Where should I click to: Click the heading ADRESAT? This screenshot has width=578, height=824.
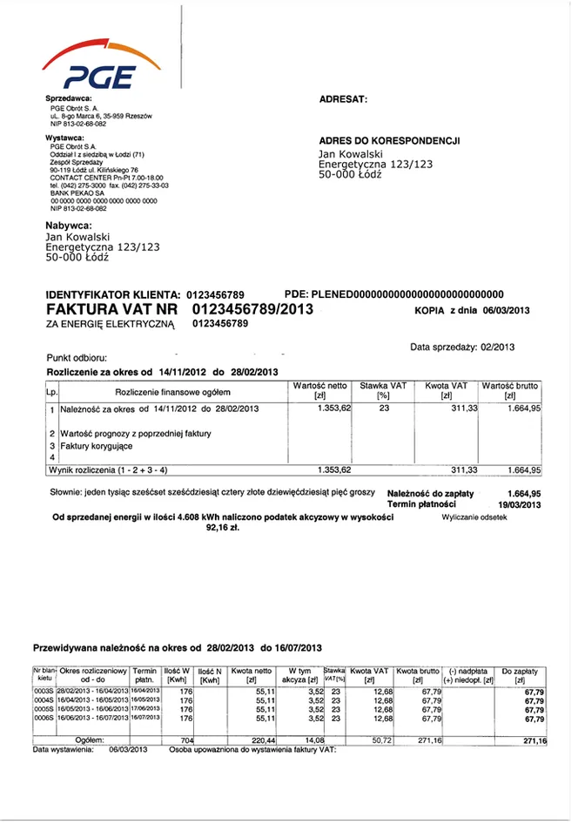click(x=344, y=99)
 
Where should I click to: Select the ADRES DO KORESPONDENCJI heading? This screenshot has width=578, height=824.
click(x=389, y=140)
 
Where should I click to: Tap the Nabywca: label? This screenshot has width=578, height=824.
click(x=69, y=226)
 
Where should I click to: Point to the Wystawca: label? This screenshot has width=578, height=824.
click(x=65, y=138)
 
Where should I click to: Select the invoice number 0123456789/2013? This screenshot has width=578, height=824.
click(x=252, y=309)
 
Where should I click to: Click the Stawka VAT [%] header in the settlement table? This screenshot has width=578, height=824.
click(x=383, y=390)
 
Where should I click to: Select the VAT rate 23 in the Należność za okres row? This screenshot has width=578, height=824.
click(x=383, y=408)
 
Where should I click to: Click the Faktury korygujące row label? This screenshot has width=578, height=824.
click(x=97, y=445)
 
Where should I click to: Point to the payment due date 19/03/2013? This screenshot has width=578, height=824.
click(x=520, y=503)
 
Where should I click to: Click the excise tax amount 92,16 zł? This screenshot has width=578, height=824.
click(x=223, y=527)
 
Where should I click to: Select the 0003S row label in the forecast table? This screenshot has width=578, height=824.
click(x=44, y=690)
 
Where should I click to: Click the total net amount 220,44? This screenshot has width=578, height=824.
click(x=262, y=740)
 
